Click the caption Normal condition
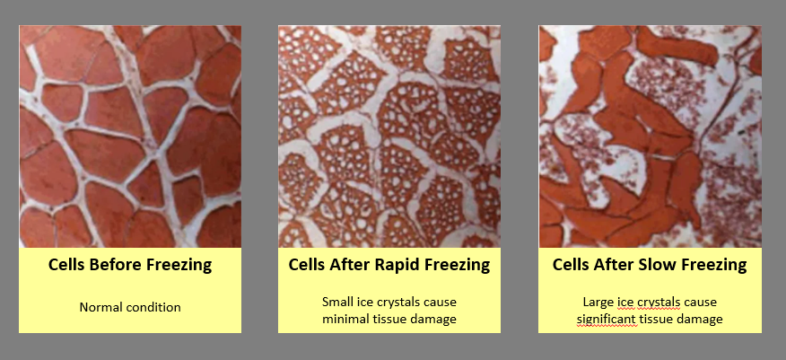pos(130,307)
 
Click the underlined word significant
pos(607,319)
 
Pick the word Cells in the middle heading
pos(304,264)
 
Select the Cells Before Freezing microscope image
pos(130,136)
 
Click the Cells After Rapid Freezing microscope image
pos(389,136)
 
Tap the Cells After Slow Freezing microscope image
pos(651,136)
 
